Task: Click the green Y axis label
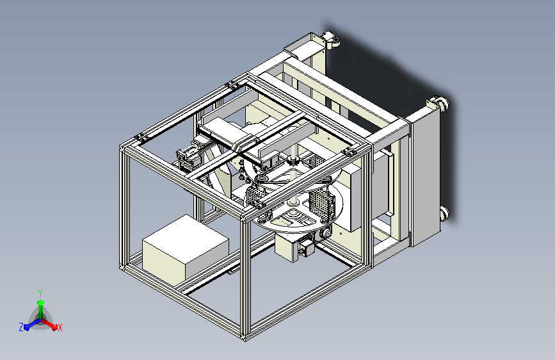click(40, 293)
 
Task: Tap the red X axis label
click(60, 327)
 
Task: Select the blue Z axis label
click(21, 327)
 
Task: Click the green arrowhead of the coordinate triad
click(41, 303)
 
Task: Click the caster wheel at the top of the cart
click(332, 39)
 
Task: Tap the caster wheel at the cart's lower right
click(444, 214)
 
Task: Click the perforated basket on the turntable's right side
click(322, 204)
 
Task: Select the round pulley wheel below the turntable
click(326, 233)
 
